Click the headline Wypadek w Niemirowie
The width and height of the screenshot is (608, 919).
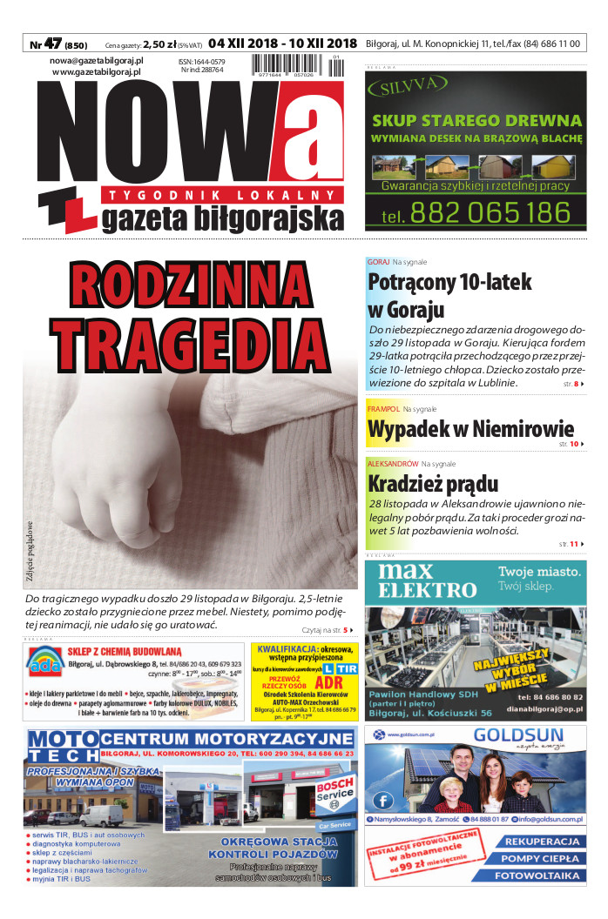(x=470, y=428)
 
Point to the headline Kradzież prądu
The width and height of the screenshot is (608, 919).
(x=433, y=483)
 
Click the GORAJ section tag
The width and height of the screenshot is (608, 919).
(x=378, y=262)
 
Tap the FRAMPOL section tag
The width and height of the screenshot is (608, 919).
(x=383, y=408)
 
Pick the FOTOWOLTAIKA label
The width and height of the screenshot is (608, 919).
(x=537, y=875)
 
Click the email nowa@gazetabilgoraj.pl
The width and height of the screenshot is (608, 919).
(x=96, y=61)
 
